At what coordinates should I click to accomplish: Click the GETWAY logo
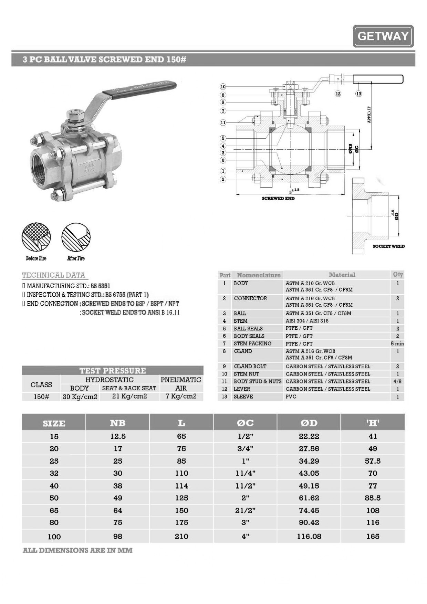(383, 36)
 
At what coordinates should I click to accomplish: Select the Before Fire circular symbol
(36, 237)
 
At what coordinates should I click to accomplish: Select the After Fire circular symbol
(76, 237)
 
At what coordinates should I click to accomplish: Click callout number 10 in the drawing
(223, 87)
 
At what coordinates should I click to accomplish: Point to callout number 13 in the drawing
(359, 94)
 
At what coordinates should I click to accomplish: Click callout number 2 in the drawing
(223, 179)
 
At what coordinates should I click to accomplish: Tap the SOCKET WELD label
(388, 246)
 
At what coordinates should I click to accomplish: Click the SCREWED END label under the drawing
(278, 199)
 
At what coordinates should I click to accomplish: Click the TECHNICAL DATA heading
(53, 275)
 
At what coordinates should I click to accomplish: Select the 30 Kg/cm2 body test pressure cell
(80, 397)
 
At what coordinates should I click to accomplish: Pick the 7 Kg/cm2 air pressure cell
(181, 396)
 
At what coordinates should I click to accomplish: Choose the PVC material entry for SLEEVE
(291, 396)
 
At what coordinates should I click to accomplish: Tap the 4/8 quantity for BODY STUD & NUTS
(397, 381)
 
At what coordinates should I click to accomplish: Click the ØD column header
(309, 423)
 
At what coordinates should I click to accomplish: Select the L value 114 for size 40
(181, 486)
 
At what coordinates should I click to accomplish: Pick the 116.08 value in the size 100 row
(309, 537)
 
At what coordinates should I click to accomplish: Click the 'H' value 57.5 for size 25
(373, 461)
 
